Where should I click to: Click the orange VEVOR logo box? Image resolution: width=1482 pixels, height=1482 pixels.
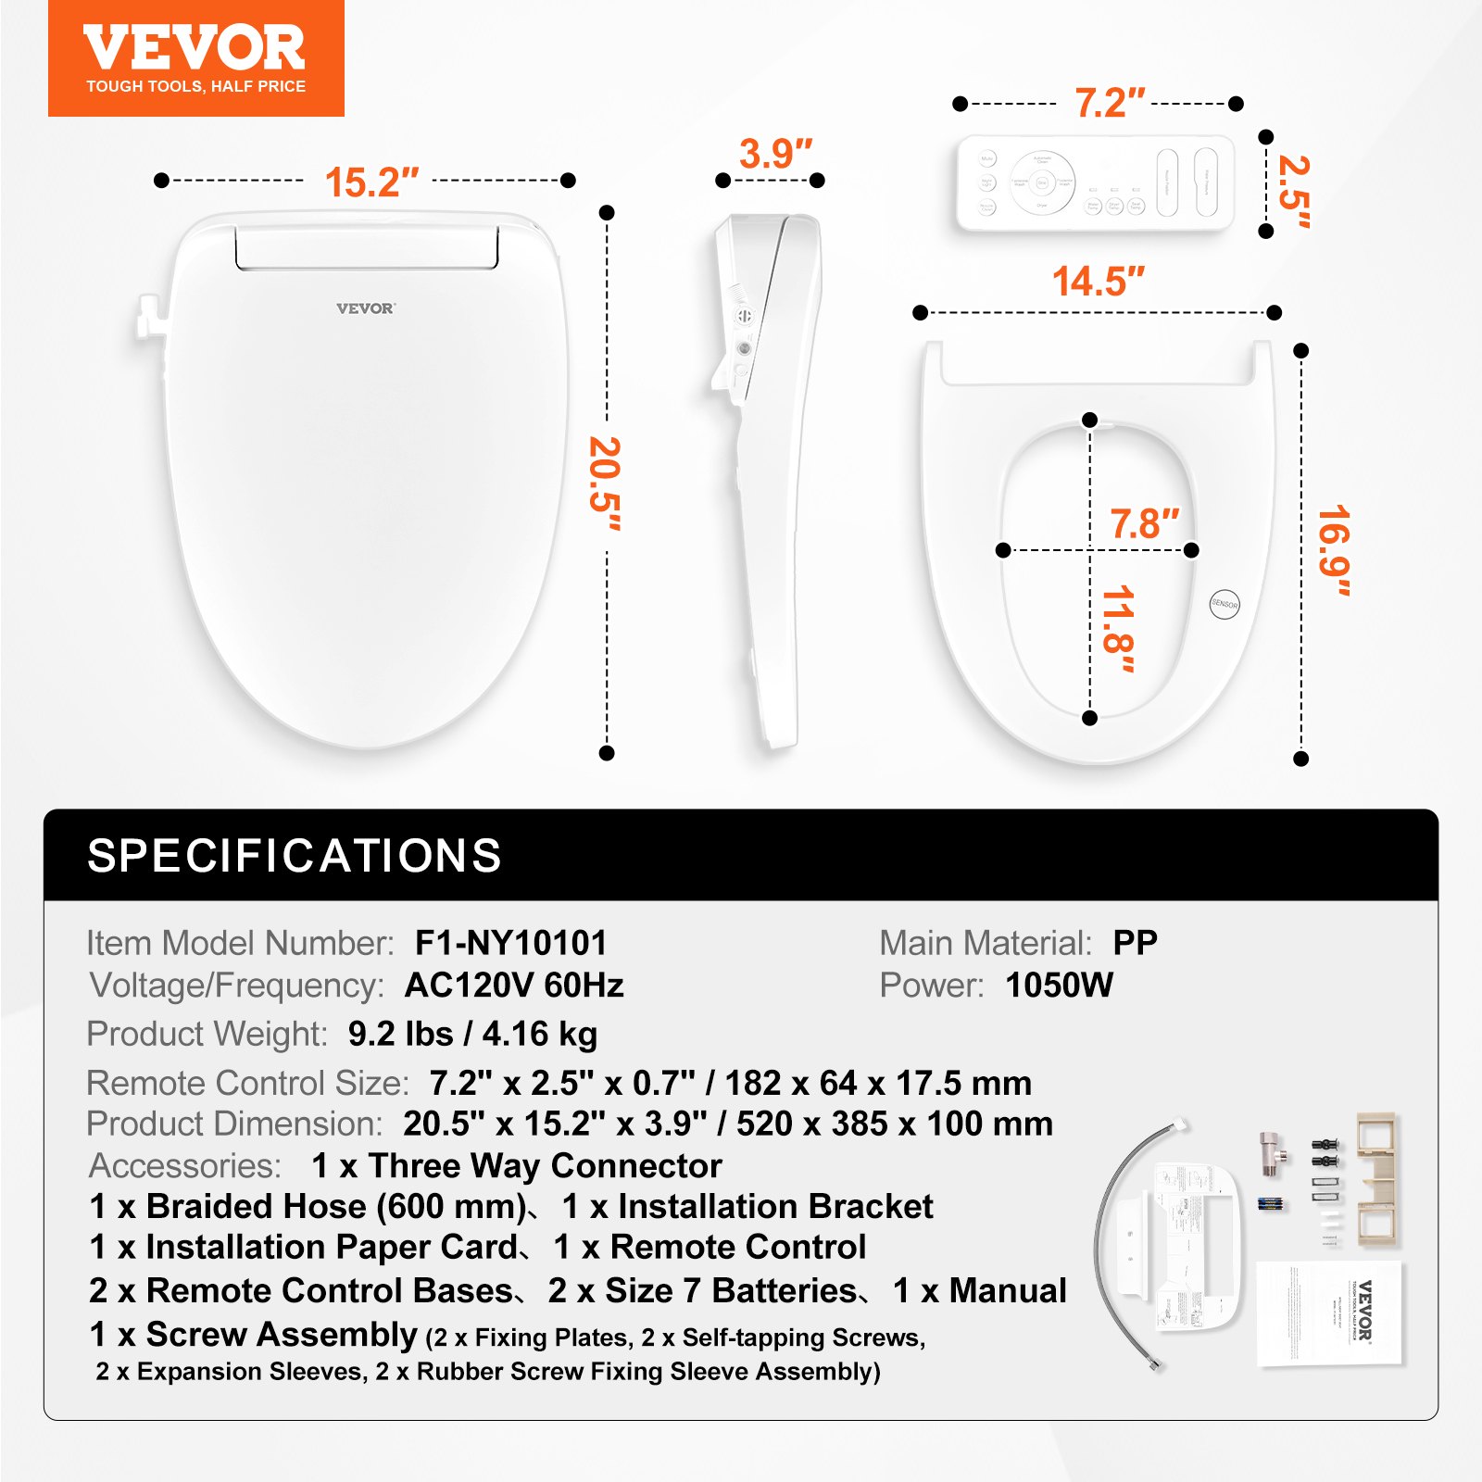tap(195, 58)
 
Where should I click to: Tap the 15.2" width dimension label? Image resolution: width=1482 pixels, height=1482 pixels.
tap(371, 182)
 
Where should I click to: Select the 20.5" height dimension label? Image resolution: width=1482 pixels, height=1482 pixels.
tap(605, 483)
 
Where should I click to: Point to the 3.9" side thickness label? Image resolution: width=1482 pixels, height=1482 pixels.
tap(775, 155)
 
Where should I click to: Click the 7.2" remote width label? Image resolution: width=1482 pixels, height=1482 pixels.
tap(1109, 103)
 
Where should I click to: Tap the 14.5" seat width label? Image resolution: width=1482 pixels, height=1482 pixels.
tap(1098, 282)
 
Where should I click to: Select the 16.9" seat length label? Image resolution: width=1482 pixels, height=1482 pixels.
tap(1334, 550)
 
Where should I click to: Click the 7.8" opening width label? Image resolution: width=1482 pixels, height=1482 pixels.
tap(1144, 524)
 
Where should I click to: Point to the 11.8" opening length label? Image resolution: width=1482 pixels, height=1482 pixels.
tap(1118, 629)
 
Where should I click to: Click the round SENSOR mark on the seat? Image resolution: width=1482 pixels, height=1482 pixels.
tap(1225, 604)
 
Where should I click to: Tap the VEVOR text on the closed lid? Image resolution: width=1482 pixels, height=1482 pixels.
tap(365, 308)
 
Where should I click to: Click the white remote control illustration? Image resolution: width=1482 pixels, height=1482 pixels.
tap(1096, 182)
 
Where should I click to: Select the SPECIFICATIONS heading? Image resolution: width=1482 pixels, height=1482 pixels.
tap(295, 855)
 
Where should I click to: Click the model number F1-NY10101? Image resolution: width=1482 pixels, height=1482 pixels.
tap(510, 943)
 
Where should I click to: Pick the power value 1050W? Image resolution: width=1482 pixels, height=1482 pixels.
tap(1059, 985)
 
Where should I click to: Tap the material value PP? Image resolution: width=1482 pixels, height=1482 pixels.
tap(1135, 943)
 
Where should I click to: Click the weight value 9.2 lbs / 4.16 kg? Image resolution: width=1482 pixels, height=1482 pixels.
tap(472, 1034)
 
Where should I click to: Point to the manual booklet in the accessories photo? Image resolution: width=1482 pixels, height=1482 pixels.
tap(1331, 1312)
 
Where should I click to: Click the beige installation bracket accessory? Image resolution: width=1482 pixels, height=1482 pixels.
tap(1378, 1178)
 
